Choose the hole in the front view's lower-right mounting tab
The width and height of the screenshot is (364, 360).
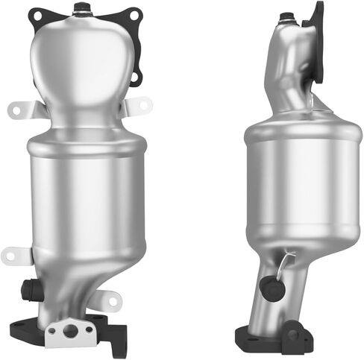tap(113, 301)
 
